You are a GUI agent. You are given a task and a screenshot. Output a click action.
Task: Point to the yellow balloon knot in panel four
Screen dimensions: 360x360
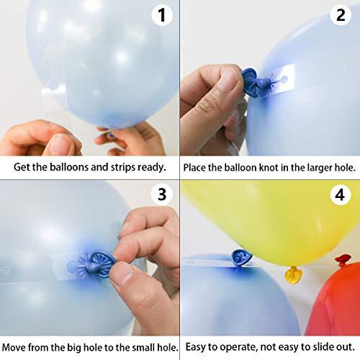click(x=294, y=274)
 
